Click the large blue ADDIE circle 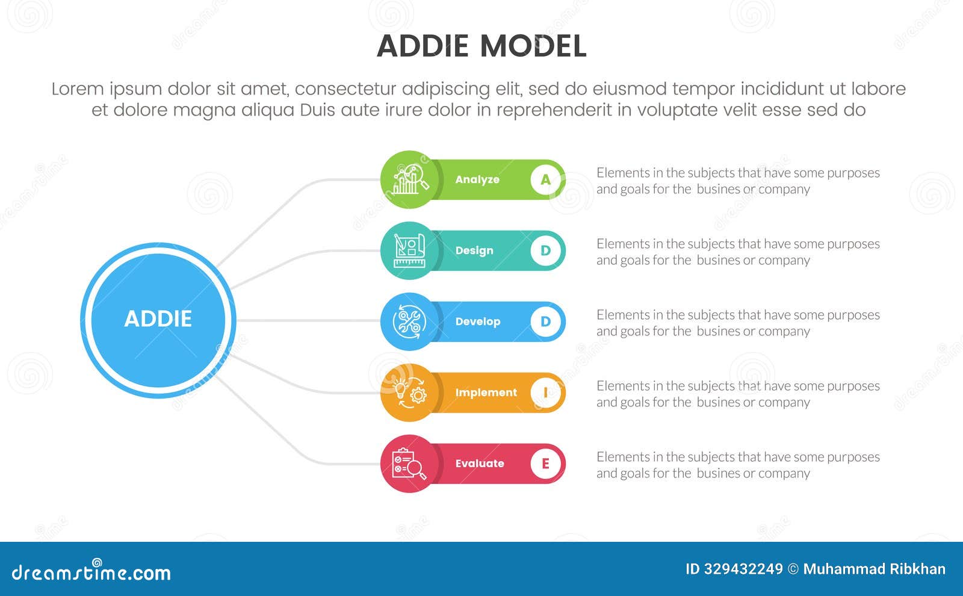(x=158, y=320)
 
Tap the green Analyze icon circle (x=410, y=179)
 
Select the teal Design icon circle (x=410, y=250)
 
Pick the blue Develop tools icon (x=410, y=321)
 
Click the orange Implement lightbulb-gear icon (x=410, y=393)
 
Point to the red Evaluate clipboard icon (x=410, y=464)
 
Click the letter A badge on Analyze (x=545, y=179)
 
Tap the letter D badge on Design (x=545, y=250)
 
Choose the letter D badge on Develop (x=545, y=321)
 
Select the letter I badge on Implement (x=545, y=393)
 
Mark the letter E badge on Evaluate (x=545, y=464)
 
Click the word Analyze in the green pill (x=477, y=179)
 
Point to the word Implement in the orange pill (x=486, y=393)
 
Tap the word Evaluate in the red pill (x=480, y=464)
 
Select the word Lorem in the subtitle (x=78, y=89)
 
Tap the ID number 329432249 (x=743, y=569)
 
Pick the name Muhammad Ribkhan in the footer (x=874, y=569)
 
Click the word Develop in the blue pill (x=477, y=321)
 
